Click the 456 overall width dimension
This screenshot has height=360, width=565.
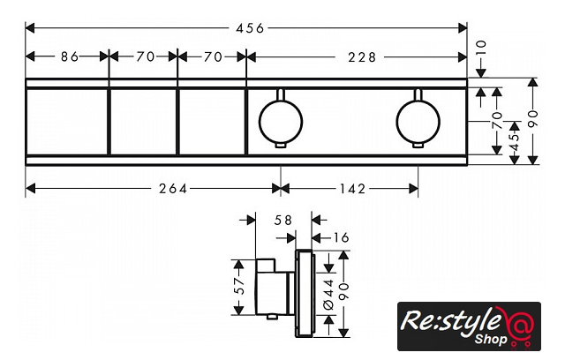(x=248, y=29)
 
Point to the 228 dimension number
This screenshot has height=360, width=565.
(x=361, y=57)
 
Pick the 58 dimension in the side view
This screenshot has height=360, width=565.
(x=283, y=221)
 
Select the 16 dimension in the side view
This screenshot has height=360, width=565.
(x=340, y=238)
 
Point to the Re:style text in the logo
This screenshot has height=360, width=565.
(x=450, y=320)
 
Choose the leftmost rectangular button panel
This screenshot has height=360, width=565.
(x=67, y=121)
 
